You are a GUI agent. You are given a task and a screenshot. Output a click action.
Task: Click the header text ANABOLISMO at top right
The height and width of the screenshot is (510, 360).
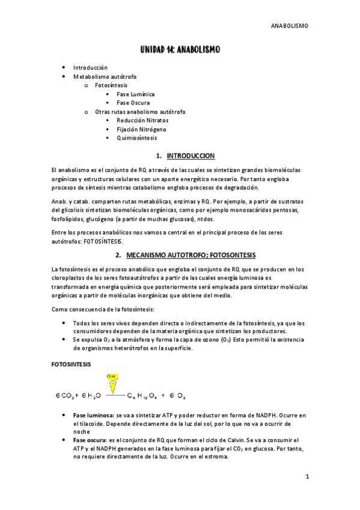pos(290,26)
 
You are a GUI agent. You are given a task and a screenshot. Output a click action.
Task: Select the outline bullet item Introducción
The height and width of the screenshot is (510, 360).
pos(91,68)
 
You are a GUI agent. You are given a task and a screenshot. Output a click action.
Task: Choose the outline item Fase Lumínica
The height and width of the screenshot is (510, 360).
pos(136,94)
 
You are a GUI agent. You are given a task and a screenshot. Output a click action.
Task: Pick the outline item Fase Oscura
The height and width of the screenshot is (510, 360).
pos(133,103)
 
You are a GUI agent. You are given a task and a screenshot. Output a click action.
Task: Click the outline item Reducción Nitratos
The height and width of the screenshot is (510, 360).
pos(142,120)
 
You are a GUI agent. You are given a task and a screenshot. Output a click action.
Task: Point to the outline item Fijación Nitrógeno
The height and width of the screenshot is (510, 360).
pos(142,129)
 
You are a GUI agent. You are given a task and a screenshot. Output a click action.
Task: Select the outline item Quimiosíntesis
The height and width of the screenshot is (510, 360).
pos(138,138)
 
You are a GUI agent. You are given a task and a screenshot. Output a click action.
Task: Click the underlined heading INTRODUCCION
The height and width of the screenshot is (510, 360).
pos(191,156)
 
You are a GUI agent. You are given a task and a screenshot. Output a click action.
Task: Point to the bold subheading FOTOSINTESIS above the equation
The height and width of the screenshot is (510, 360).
pos(72,364)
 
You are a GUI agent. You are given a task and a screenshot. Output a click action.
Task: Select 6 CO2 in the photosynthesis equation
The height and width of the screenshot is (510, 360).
pos(64,396)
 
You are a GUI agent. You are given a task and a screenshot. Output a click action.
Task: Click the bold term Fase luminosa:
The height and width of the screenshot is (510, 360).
pos(92,416)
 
